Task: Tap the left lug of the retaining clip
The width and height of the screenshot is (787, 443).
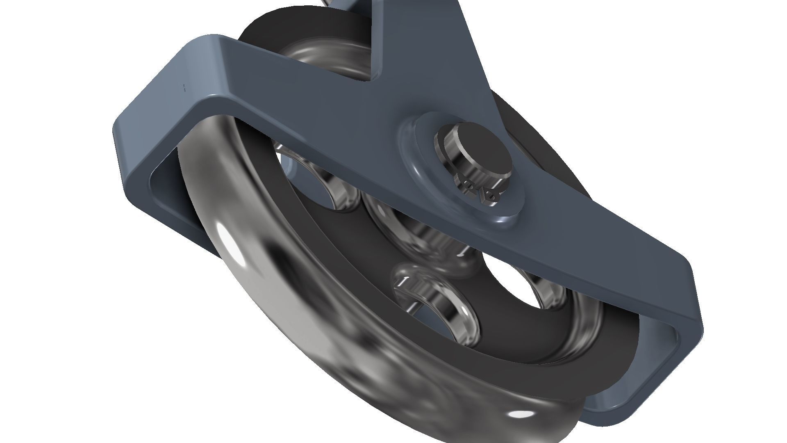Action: pyautogui.click(x=467, y=187)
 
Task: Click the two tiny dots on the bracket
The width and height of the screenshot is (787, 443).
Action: pyautogui.click(x=184, y=87)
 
